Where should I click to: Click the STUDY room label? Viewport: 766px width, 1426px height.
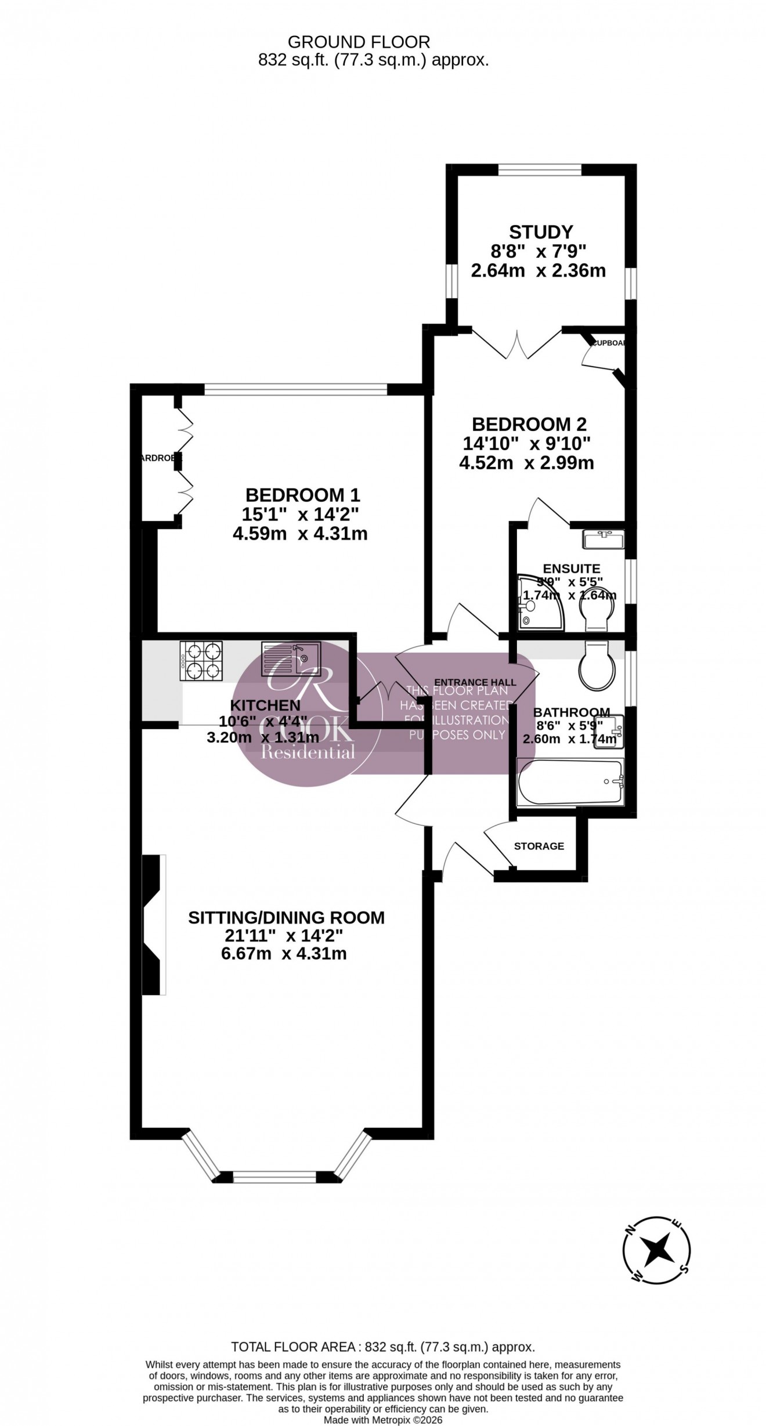tap(540, 232)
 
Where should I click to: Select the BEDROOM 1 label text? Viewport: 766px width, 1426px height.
tap(302, 495)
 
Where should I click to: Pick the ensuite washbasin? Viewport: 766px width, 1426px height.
tap(604, 540)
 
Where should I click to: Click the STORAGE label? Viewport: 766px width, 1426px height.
tap(539, 846)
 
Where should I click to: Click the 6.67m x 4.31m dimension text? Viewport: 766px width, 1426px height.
tap(284, 953)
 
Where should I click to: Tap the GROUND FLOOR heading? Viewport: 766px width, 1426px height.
tap(359, 42)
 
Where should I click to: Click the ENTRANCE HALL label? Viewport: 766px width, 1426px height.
tap(475, 682)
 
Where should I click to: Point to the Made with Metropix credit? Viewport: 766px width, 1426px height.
tap(383, 1420)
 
